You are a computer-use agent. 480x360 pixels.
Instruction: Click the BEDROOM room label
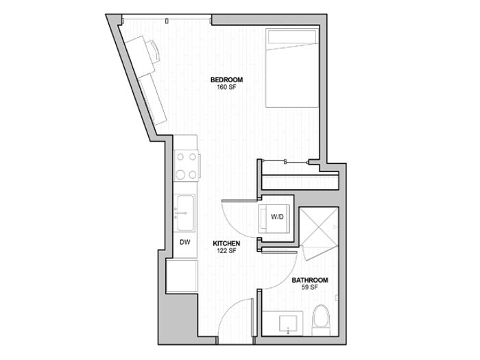click(226, 80)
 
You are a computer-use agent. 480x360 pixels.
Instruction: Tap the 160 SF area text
click(226, 87)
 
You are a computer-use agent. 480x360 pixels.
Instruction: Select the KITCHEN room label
click(226, 243)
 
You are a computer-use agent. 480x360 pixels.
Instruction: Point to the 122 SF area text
click(226, 251)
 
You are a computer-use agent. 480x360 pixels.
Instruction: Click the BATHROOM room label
click(310, 280)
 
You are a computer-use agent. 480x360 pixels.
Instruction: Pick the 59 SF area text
click(310, 287)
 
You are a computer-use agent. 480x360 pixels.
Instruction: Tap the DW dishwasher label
click(185, 243)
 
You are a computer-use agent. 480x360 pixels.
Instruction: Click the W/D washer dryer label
click(277, 217)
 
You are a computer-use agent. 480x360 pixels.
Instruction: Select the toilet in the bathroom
click(321, 320)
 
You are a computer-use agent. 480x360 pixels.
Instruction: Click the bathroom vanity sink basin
click(288, 324)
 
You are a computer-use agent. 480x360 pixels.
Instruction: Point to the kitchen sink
click(184, 213)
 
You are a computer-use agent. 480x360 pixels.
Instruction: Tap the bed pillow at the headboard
click(292, 37)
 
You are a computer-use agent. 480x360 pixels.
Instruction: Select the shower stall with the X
click(319, 227)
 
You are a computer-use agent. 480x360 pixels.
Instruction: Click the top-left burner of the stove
click(180, 157)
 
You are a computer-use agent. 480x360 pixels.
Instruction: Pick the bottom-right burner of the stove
click(193, 175)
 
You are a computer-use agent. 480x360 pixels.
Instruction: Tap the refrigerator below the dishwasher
click(182, 276)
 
